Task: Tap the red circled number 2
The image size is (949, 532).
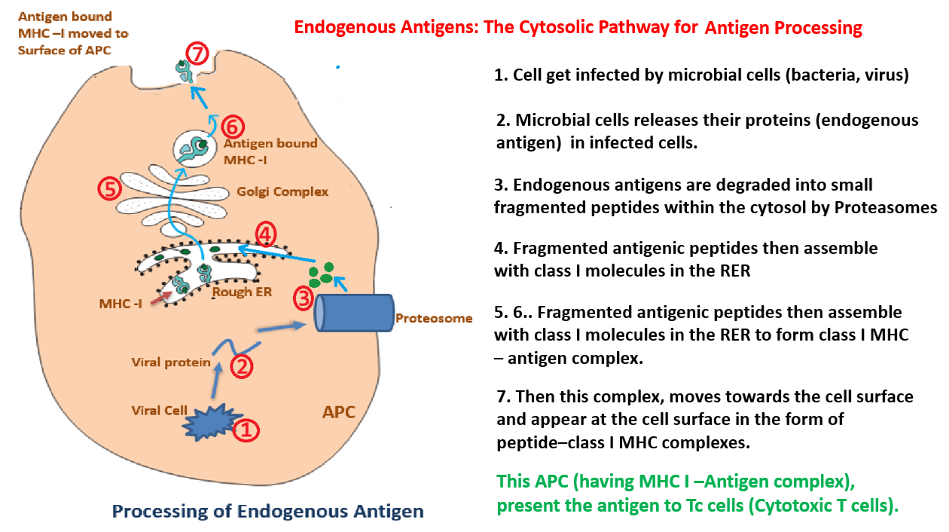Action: click(241, 367)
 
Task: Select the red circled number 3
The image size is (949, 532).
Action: click(303, 298)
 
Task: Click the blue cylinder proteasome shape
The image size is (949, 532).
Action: click(352, 313)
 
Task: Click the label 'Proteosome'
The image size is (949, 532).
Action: click(434, 318)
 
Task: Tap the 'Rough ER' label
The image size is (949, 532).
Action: click(242, 292)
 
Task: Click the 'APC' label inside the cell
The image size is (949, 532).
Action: click(339, 413)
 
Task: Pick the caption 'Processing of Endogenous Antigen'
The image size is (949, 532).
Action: click(267, 512)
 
